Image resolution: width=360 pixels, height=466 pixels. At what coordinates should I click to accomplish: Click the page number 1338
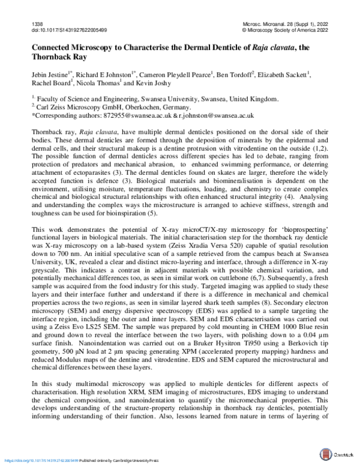tap(37, 22)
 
